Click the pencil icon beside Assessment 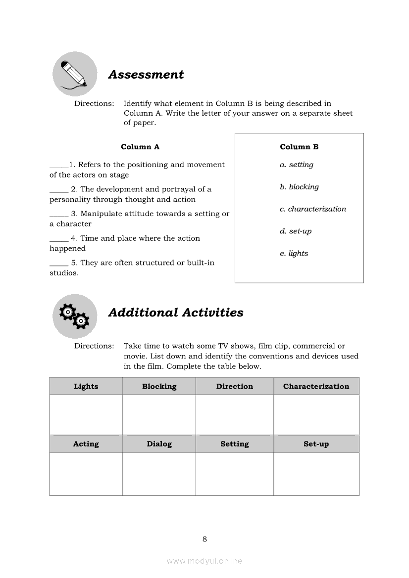pyautogui.click(x=75, y=74)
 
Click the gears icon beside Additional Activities pyautogui.click(x=75, y=316)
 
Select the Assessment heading pyautogui.click(x=146, y=75)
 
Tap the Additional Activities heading pyautogui.click(x=176, y=312)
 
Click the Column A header pyautogui.click(x=140, y=147)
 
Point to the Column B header pyautogui.click(x=299, y=147)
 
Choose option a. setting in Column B pyautogui.click(x=297, y=165)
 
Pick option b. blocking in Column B pyautogui.click(x=299, y=187)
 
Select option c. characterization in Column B pyautogui.click(x=313, y=209)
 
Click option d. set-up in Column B pyautogui.click(x=296, y=231)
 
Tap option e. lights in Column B pyautogui.click(x=294, y=254)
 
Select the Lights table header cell pyautogui.click(x=86, y=386)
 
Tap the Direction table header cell pyautogui.click(x=235, y=386)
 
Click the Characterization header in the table pyautogui.click(x=316, y=386)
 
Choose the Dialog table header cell pyautogui.click(x=159, y=444)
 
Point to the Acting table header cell pyautogui.click(x=86, y=444)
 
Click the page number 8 pyautogui.click(x=204, y=539)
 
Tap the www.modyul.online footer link pyautogui.click(x=204, y=561)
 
